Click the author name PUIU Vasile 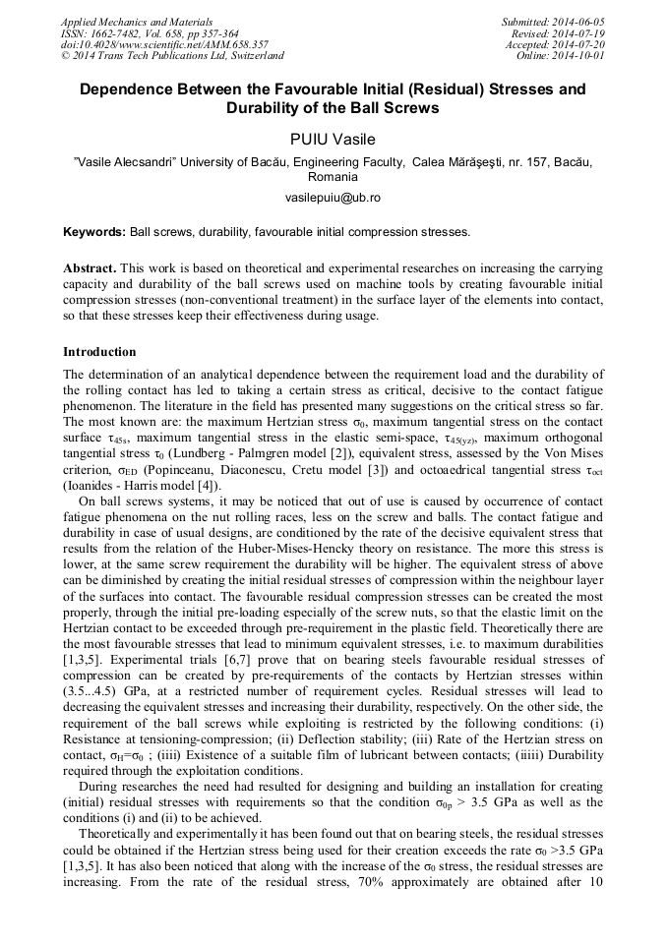(333, 139)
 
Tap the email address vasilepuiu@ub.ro (333, 198)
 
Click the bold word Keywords (93, 233)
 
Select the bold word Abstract (91, 268)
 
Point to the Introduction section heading (99, 352)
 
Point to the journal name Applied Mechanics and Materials (136, 22)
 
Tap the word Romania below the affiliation (333, 177)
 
